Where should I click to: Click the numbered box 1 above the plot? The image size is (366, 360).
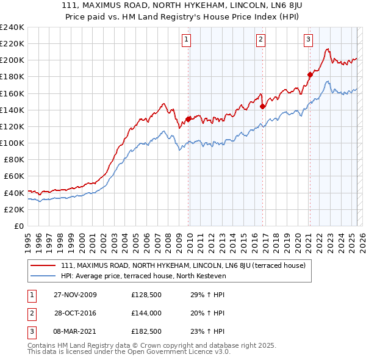[x=185, y=40]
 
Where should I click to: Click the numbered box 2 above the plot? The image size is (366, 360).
[x=260, y=40]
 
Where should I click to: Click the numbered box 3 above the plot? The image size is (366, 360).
[x=309, y=40]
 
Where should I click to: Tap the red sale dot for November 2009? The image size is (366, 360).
[x=188, y=119]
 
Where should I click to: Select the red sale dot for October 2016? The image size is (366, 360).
[x=263, y=106]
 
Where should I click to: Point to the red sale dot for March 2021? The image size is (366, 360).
[x=310, y=74]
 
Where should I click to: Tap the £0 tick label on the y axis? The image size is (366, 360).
[x=18, y=226]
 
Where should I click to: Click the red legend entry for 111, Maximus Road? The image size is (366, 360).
[x=178, y=265]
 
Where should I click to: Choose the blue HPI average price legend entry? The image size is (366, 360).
[x=143, y=276]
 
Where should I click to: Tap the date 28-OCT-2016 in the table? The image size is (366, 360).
[x=76, y=313]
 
